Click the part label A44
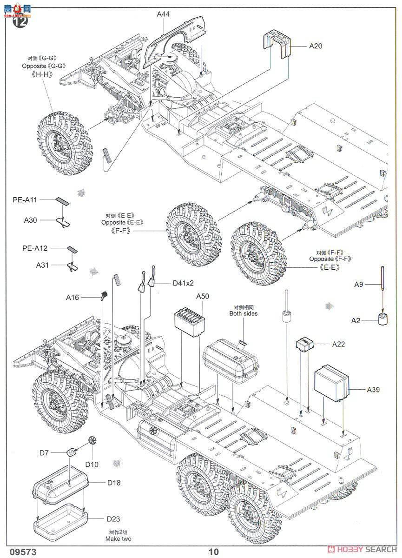pos(163,14)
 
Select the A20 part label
pos(315,46)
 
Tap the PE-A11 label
pos(24,199)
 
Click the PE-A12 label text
pos(35,248)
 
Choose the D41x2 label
pos(183,283)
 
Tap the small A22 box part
pos(304,345)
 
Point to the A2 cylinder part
pos(382,320)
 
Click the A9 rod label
pos(358,284)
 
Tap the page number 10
pos(213,551)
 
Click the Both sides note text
pos(243,313)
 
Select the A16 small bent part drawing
pos(104,296)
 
